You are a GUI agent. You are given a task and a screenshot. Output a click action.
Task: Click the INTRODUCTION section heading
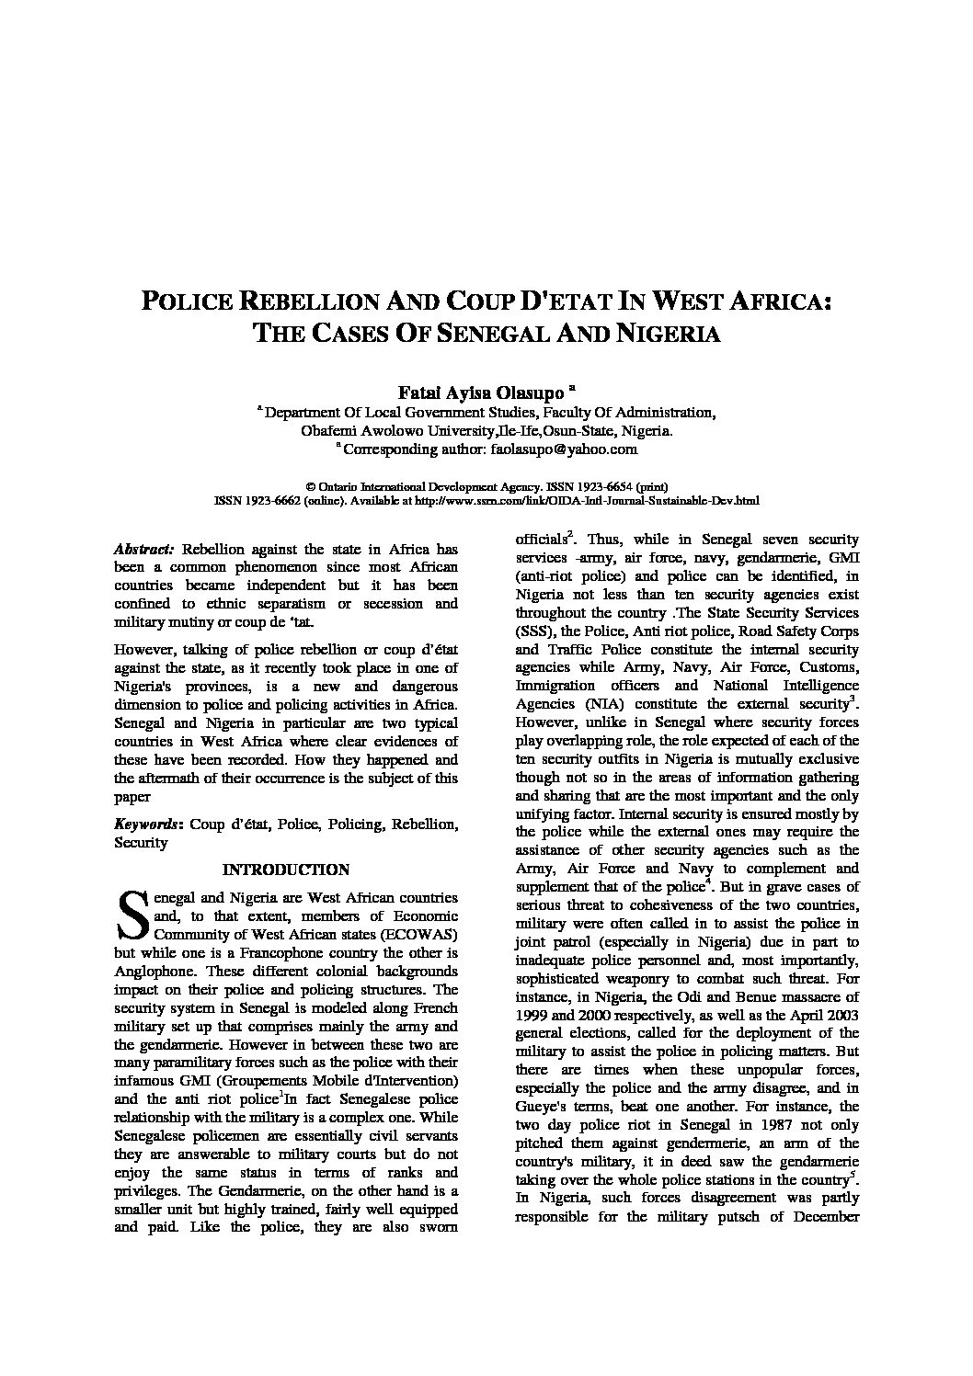[286, 870]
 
